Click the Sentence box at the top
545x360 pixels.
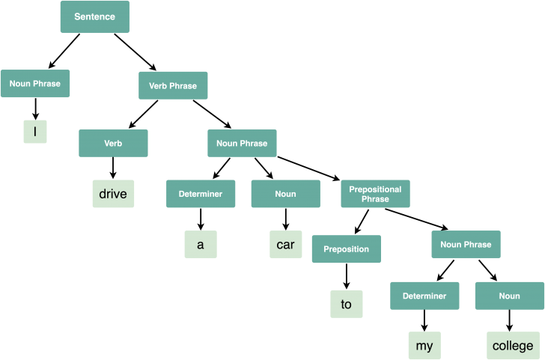[x=94, y=16]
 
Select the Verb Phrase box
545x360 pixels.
[x=173, y=86]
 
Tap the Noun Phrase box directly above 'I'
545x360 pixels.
[x=35, y=83]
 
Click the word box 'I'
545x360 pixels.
[x=35, y=132]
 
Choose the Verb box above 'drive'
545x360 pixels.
[x=113, y=143]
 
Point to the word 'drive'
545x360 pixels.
[x=113, y=194]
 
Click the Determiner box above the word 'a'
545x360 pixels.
[x=201, y=194]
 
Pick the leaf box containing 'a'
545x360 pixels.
[x=201, y=244]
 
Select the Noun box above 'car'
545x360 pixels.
[x=285, y=194]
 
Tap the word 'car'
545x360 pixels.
[x=285, y=244]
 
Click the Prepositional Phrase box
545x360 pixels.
[x=375, y=194]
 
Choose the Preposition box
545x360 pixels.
[x=346, y=249]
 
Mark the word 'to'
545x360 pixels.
[x=346, y=304]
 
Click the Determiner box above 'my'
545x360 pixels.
[x=424, y=296]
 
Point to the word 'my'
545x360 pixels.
[x=424, y=346]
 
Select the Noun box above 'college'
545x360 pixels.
[x=509, y=296]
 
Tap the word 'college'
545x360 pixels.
[x=513, y=346]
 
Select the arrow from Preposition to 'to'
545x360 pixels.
[x=346, y=275]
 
